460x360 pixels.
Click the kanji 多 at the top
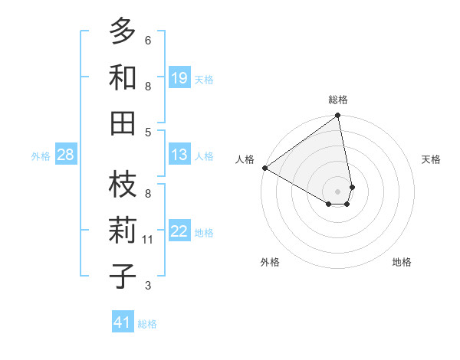[123, 31]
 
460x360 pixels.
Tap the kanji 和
[123, 77]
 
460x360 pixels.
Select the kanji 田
[123, 123]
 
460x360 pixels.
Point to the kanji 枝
[123, 185]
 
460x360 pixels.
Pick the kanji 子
[123, 276]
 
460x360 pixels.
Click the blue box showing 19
[179, 77]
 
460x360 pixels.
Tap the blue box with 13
[179, 155]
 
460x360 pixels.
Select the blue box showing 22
[179, 231]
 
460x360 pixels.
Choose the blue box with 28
[66, 155]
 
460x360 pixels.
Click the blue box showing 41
[123, 322]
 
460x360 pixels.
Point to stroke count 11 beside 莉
[149, 240]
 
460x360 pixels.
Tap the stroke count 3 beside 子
[148, 286]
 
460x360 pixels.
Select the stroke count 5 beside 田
[148, 132]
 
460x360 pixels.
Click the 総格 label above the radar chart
[338, 100]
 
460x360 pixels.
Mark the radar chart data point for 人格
[264, 168]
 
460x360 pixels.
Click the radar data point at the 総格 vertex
[338, 116]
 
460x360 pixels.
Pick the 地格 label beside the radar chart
[402, 262]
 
